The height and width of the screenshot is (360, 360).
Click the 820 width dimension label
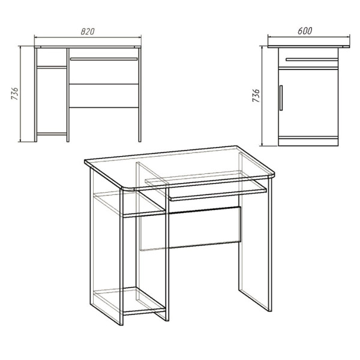pos(88,31)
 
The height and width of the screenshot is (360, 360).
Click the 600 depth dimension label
pos(305,31)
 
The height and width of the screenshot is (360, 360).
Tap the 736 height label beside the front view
pos(14,94)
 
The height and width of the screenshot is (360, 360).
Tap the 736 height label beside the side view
pos(256,95)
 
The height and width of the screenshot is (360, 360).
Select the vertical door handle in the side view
pos(281,98)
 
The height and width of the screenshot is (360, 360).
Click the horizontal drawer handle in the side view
pos(312,59)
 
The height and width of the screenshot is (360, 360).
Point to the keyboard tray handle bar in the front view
pos(104,59)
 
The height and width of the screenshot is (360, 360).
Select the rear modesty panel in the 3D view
pos(191,228)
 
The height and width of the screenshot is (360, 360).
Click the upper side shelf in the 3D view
pos(130,205)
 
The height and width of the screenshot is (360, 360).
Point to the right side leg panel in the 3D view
pos(256,232)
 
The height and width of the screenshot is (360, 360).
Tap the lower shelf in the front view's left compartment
pos(52,134)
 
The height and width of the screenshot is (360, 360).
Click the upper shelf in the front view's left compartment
pos(52,67)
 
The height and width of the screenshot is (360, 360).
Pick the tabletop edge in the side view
pos(308,47)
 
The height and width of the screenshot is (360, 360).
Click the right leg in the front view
pos(140,95)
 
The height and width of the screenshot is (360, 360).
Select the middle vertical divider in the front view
pos(68,95)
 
